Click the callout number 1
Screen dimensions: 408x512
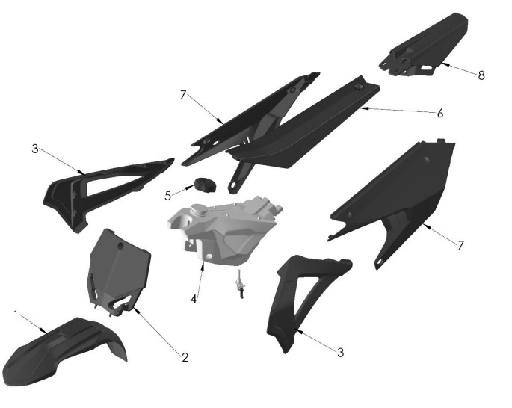pyautogui.click(x=16, y=315)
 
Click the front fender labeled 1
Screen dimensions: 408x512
pyautogui.click(x=60, y=351)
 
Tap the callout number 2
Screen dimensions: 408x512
pyautogui.click(x=185, y=357)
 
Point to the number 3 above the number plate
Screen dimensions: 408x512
pyautogui.click(x=34, y=149)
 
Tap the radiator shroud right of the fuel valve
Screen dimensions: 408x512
pyautogui.click(x=299, y=299)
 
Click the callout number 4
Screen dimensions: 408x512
pyautogui.click(x=194, y=298)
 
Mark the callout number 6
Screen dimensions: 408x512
pyautogui.click(x=440, y=114)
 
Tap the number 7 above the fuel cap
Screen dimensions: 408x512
pyautogui.click(x=182, y=95)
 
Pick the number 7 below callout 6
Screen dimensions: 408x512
pyautogui.click(x=460, y=244)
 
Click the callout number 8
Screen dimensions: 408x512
pyautogui.click(x=481, y=75)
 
